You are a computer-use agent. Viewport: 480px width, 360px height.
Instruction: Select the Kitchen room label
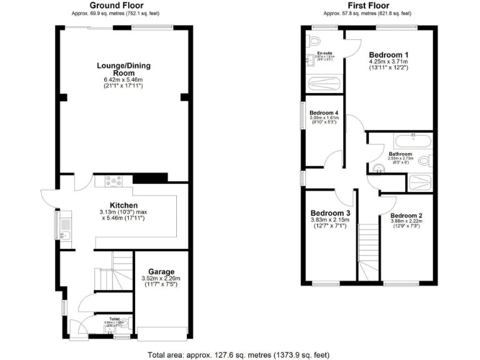(x=123, y=206)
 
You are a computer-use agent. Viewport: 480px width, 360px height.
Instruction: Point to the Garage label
(x=161, y=272)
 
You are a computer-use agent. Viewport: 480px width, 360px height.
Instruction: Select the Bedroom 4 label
(x=324, y=112)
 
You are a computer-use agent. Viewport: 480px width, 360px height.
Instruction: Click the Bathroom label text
(x=400, y=154)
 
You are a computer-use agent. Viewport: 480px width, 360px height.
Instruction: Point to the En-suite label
(x=324, y=52)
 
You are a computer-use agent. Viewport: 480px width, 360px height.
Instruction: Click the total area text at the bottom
(x=239, y=354)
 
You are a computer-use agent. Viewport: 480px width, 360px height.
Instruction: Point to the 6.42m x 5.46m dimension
(x=123, y=79)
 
